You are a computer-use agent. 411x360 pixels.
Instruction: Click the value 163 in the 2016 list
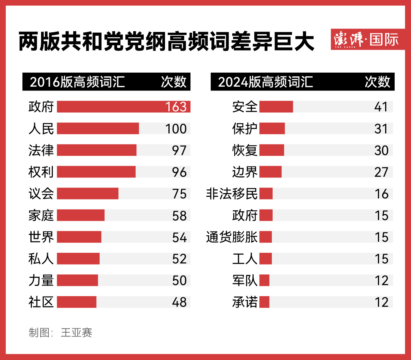tap(176, 107)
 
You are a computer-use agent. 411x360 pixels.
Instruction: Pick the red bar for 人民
tap(98, 128)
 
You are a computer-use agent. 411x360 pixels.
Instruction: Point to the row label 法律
tap(41, 150)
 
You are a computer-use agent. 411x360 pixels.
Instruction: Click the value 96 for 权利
tap(179, 172)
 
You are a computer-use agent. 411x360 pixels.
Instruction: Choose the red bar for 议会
tap(87, 193)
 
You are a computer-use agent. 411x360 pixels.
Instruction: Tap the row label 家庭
tap(41, 216)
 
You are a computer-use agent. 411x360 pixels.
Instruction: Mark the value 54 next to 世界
tap(179, 237)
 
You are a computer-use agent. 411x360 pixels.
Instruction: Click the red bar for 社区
tap(76, 302)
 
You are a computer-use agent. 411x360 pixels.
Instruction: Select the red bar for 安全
tap(276, 107)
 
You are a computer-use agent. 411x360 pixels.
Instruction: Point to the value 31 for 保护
tap(381, 128)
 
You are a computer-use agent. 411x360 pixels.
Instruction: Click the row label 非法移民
tap(232, 193)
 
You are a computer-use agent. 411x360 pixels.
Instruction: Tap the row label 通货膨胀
tap(232, 237)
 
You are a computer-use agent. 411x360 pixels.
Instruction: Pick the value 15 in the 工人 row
tap(381, 259)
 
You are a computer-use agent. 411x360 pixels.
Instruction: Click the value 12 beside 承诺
tap(381, 302)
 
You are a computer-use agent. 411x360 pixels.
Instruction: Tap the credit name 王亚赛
tap(76, 333)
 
